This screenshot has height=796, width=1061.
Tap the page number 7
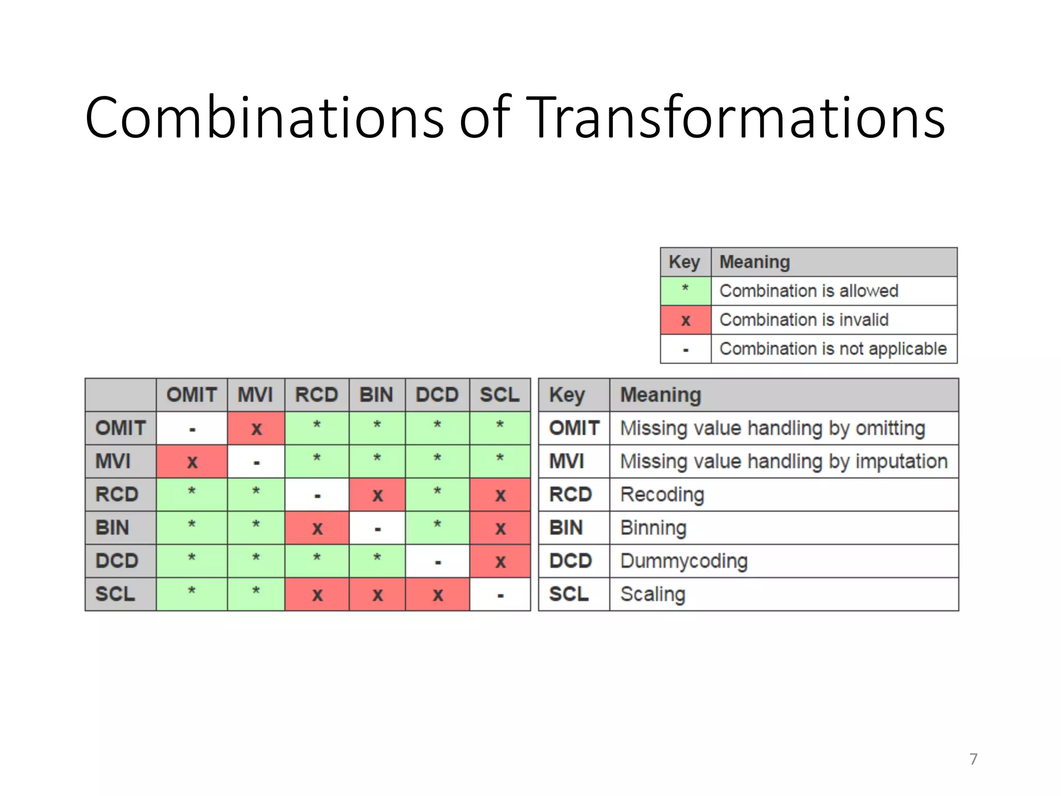(973, 759)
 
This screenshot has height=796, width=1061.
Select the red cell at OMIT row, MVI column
(256, 429)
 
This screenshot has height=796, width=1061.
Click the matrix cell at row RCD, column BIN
(377, 495)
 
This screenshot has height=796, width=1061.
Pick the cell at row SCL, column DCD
(438, 594)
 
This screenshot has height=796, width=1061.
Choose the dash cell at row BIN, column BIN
(377, 528)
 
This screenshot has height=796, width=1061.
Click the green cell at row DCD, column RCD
(317, 561)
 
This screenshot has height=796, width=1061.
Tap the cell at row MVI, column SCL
(500, 461)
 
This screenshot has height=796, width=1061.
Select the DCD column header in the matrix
(437, 395)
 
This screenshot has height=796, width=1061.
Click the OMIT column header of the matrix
(192, 395)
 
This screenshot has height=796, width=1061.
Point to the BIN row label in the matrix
(113, 528)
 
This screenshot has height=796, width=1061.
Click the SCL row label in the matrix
(115, 594)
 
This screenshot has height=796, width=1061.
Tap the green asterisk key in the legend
(685, 291)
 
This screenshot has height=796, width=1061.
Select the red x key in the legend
(685, 320)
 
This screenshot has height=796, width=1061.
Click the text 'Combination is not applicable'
(833, 349)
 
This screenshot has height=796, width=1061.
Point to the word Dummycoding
(684, 561)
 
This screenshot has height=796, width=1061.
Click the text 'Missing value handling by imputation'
(784, 461)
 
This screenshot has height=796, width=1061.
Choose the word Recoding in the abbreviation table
(662, 495)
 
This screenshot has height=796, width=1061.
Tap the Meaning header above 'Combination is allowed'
(755, 262)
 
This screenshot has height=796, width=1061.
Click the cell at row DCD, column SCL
(500, 561)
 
